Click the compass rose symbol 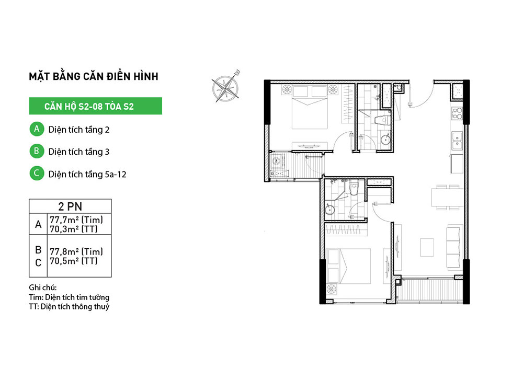226,87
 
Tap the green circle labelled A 37,129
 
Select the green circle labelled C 37,174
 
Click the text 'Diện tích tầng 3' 79,152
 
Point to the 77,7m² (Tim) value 76,220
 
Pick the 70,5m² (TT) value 74,261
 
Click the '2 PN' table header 70,206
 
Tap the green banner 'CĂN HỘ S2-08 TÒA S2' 95,106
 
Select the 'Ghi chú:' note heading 43,287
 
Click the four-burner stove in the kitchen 457,113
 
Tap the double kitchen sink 457,141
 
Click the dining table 447,198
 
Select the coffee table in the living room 427,247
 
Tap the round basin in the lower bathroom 330,210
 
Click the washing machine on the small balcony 277,162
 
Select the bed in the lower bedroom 348,266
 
